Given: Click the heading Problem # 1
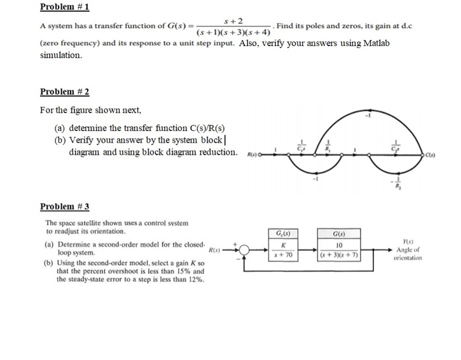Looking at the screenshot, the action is coord(64,7).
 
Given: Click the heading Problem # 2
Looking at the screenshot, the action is coord(64,91).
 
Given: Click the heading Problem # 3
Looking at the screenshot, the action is coord(64,207).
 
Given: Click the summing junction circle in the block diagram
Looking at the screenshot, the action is coord(245,249).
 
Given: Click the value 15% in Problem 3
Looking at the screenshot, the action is coord(183,271).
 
